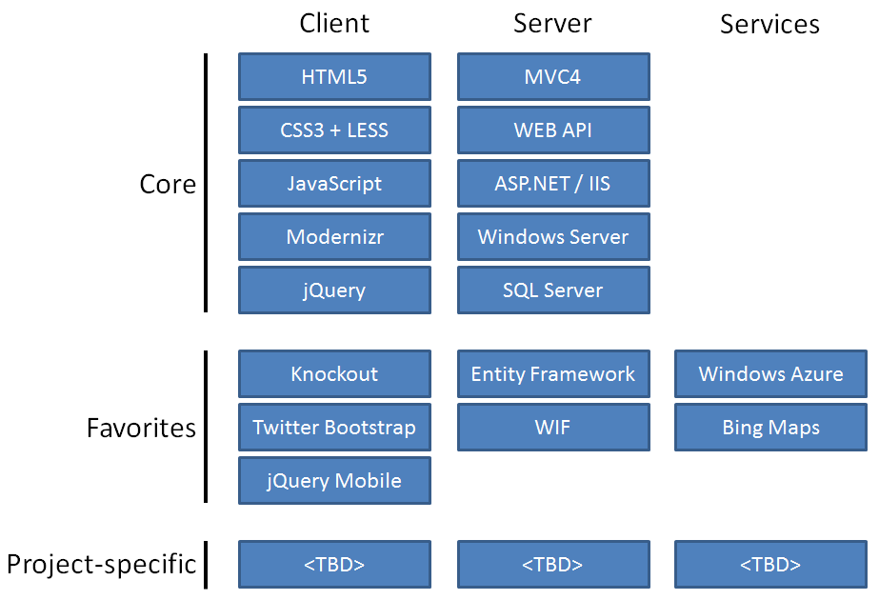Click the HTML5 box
[x=334, y=77]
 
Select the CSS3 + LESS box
[x=334, y=130]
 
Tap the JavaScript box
[x=334, y=184]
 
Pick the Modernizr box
[x=334, y=237]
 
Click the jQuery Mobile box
[x=334, y=481]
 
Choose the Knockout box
[x=334, y=374]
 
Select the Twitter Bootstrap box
[x=334, y=428]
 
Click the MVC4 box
[x=553, y=77]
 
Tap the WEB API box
[x=553, y=130]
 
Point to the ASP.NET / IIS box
[x=553, y=184]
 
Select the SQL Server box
[x=553, y=290]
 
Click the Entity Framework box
[x=553, y=374]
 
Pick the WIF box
[x=553, y=428]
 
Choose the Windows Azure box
[x=770, y=374]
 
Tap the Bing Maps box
[x=770, y=428]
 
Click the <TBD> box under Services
[x=770, y=565]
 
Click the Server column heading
[x=552, y=24]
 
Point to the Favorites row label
[x=141, y=428]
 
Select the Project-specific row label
[x=101, y=565]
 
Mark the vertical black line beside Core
[x=206, y=183]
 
